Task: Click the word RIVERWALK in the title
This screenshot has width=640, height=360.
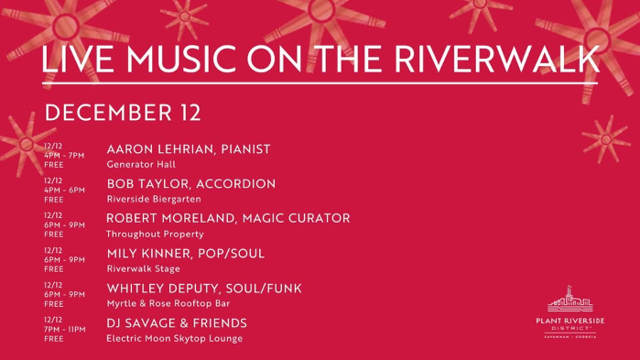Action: click(500, 60)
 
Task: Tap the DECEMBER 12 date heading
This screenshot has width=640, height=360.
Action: click(123, 113)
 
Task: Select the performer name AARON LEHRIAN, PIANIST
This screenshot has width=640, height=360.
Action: click(189, 149)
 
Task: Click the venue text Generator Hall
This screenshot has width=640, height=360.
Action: click(141, 165)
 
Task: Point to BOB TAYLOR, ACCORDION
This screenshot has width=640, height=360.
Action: click(190, 184)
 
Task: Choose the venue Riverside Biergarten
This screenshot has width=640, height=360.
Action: click(154, 200)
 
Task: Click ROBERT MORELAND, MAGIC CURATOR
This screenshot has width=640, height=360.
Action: click(228, 219)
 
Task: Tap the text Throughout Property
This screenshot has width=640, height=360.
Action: click(155, 235)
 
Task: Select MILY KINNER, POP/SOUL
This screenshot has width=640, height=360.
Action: click(185, 254)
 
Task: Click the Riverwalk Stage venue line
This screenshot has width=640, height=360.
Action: click(144, 269)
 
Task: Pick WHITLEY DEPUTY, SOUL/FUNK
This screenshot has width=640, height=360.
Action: click(204, 289)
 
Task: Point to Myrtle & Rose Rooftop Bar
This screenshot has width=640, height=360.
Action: click(168, 304)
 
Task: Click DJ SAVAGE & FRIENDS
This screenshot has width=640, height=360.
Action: click(177, 323)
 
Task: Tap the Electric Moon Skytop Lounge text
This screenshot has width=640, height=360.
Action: click(175, 339)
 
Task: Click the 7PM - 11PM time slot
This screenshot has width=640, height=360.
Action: click(64, 329)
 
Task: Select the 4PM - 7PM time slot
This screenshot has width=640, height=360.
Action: click(63, 155)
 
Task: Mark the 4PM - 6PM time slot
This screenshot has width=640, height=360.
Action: click(63, 190)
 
